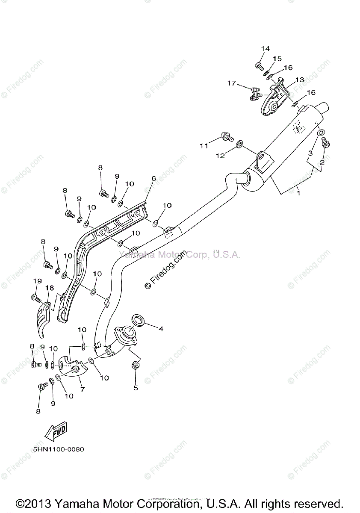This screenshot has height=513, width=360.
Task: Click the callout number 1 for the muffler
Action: click(x=298, y=193)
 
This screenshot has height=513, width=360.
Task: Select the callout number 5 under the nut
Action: click(x=136, y=388)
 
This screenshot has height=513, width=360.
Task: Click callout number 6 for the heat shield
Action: click(x=153, y=178)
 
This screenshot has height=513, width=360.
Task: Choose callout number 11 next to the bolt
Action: click(x=204, y=146)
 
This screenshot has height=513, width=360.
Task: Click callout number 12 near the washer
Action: click(x=220, y=156)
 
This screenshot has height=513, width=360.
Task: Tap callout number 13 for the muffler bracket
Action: click(x=299, y=80)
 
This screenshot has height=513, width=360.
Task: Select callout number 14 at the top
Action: click(x=265, y=49)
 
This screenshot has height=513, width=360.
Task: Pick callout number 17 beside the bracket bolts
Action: click(x=231, y=83)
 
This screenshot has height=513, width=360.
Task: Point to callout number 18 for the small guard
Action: click(x=50, y=288)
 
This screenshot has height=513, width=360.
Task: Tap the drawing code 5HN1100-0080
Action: click(x=58, y=449)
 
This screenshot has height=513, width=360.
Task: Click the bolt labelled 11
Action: click(x=226, y=137)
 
